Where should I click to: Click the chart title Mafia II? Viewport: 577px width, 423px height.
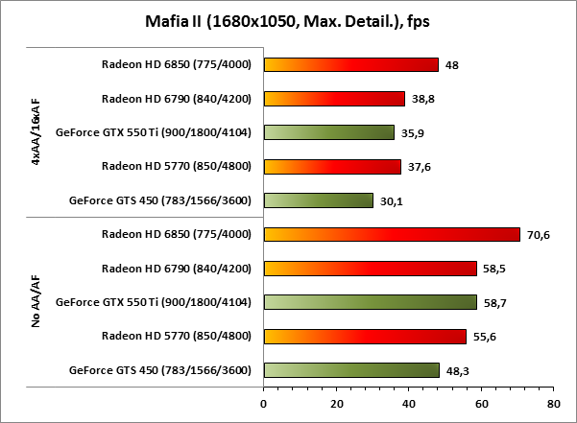288,20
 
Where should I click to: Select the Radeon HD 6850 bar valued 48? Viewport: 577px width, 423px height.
350,65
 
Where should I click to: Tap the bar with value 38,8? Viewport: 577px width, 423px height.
334,99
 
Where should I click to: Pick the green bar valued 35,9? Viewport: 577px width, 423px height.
328,132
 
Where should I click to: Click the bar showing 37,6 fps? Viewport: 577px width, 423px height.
332,167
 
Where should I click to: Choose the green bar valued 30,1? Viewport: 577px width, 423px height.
318,200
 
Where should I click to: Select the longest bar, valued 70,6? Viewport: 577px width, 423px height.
391,234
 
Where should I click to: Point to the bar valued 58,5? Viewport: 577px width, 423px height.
370,269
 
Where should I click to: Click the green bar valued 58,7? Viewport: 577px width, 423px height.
370,302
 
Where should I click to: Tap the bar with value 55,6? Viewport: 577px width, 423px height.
365,337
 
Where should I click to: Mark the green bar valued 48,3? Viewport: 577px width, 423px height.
351,370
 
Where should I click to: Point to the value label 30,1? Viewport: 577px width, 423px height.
391,201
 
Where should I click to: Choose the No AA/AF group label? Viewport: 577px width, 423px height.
36,302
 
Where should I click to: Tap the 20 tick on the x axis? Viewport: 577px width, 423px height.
335,403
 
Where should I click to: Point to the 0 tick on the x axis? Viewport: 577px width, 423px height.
263,403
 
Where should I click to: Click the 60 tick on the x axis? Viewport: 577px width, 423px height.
480,403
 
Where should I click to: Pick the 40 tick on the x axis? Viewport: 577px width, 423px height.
408,403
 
